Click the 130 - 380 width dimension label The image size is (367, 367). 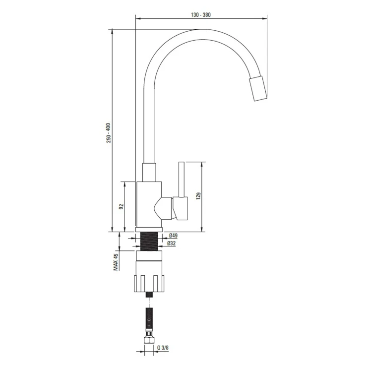tap(200, 15)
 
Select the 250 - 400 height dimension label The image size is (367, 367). tap(109, 133)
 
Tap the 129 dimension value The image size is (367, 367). tap(198, 196)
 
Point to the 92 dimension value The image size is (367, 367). tap(121, 207)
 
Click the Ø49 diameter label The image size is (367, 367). tap(173, 235)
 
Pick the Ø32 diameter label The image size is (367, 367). tap(171, 244)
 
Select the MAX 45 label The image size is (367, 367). tap(116, 262)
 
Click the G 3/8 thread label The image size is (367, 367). tap(163, 348)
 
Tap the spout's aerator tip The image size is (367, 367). tap(258, 88)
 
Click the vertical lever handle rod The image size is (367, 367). tap(182, 180)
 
